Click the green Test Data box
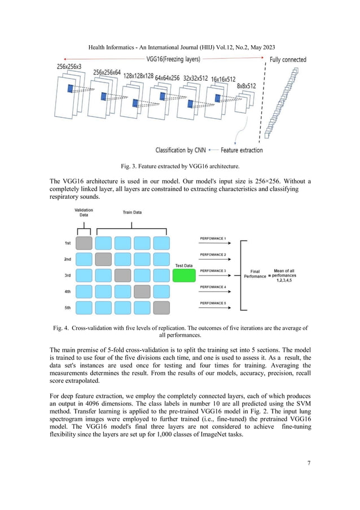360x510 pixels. tap(183, 276)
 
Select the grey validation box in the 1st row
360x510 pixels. tap(84, 243)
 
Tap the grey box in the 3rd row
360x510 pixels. tap(122, 275)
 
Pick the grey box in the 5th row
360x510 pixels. tap(161, 308)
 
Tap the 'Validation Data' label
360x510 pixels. tap(84, 212)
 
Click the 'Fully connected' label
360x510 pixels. tap(288, 59)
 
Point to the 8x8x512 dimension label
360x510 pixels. tap(246, 86)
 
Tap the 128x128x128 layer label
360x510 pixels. tap(138, 76)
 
